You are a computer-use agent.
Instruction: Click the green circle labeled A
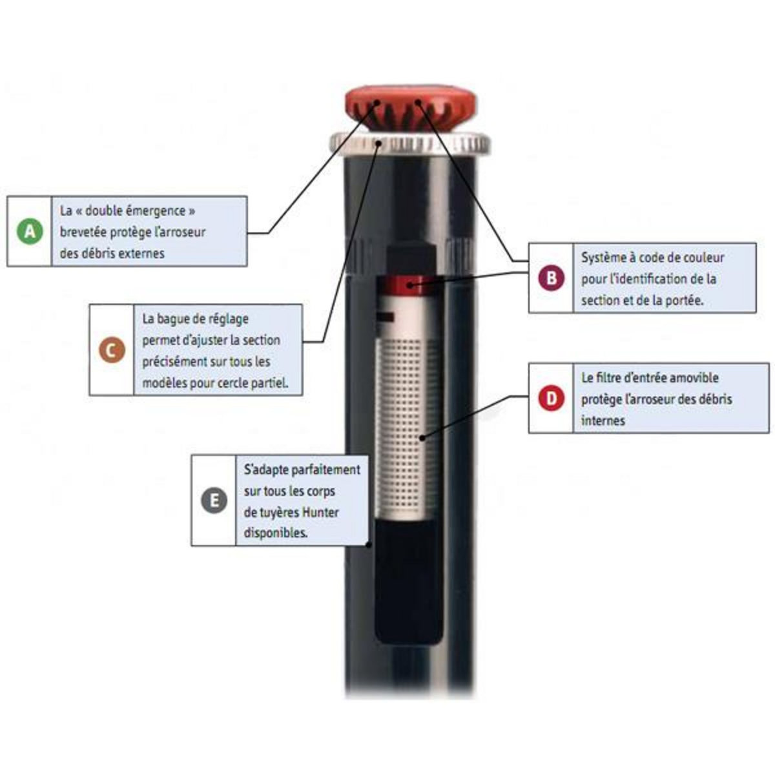[x=30, y=231]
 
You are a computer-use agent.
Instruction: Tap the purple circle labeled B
[x=552, y=278]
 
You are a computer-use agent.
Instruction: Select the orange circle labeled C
[x=112, y=350]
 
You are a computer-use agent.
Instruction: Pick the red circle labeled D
[x=552, y=398]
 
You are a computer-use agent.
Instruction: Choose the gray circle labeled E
[x=214, y=501]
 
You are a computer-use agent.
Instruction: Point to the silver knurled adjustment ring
[x=410, y=144]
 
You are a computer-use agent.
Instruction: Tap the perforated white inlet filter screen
[x=407, y=426]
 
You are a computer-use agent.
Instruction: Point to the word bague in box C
[x=176, y=320]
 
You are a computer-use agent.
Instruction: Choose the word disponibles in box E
[x=276, y=533]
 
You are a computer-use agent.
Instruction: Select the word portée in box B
[x=683, y=300]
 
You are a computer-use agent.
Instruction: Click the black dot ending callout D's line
[x=422, y=438]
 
